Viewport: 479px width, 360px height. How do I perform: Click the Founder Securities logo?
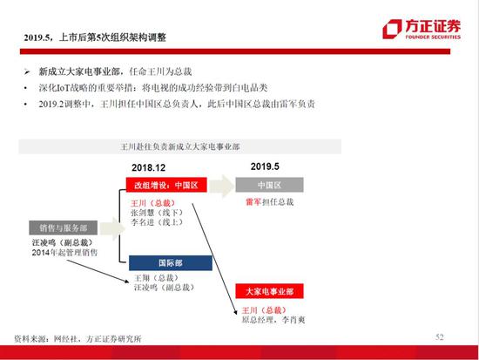(x=422, y=29)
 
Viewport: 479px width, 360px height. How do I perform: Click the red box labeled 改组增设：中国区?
(x=166, y=185)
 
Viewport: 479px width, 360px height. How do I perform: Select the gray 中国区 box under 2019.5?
(x=269, y=185)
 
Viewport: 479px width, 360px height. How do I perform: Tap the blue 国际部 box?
(x=171, y=263)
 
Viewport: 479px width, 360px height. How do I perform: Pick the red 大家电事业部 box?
(x=269, y=291)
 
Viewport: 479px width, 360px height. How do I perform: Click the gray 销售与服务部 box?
(x=64, y=228)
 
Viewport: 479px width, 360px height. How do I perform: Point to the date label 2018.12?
(x=148, y=167)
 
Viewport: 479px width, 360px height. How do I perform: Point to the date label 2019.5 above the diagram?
(x=265, y=166)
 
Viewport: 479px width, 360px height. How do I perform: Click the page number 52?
(x=440, y=337)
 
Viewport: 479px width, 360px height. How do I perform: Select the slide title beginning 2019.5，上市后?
(x=95, y=37)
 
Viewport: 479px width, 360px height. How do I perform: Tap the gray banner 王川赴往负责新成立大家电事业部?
(x=180, y=146)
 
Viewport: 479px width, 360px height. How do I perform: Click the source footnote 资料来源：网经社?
(x=78, y=338)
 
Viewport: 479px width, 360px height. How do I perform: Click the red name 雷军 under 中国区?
(x=253, y=202)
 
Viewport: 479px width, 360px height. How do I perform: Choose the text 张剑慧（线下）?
(x=157, y=213)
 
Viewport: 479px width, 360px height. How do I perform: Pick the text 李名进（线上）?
(x=157, y=222)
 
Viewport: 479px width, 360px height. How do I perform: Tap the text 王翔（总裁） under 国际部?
(x=156, y=278)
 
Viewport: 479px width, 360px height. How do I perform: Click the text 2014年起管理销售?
(x=64, y=253)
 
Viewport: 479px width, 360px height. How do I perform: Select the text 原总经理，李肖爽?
(x=273, y=320)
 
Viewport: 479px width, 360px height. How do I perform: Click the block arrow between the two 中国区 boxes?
(x=222, y=186)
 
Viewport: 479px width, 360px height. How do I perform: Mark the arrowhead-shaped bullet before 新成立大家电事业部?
(x=27, y=71)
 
